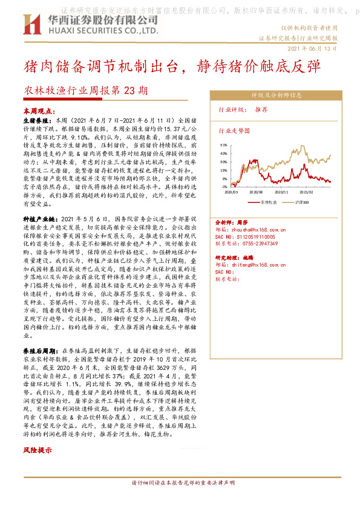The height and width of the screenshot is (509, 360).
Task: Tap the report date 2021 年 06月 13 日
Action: point(311,48)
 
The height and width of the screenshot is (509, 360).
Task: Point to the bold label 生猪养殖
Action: point(36,121)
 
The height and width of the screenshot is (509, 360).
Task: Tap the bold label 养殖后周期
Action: point(39,351)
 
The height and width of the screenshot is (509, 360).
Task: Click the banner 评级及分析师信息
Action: point(276,95)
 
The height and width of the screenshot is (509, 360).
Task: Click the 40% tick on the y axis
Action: point(223,154)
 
